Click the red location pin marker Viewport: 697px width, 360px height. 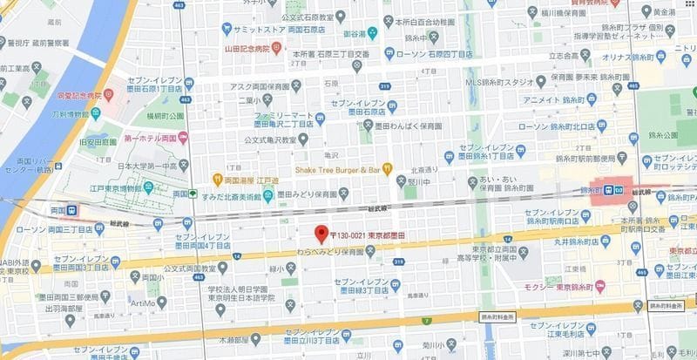click(321, 234)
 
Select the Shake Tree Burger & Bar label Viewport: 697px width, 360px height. click(337, 168)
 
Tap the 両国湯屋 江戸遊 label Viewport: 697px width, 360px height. click(246, 180)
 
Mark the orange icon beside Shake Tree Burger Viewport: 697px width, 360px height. click(388, 168)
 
